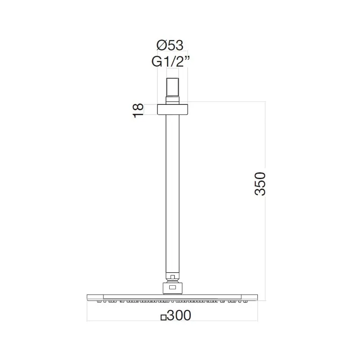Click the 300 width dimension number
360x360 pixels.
[179, 316]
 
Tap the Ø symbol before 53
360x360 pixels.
[162, 46]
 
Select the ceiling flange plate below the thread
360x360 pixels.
[173, 109]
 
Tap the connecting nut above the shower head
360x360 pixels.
[173, 286]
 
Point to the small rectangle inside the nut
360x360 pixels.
[173, 286]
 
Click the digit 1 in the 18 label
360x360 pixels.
[138, 115]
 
